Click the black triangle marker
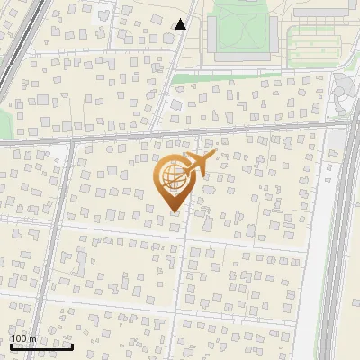(x=181, y=24)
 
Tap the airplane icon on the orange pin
(x=199, y=166)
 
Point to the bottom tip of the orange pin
(x=174, y=211)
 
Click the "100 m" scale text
(x=23, y=338)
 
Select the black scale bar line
(x=41, y=346)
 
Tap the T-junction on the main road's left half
(x=73, y=142)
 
